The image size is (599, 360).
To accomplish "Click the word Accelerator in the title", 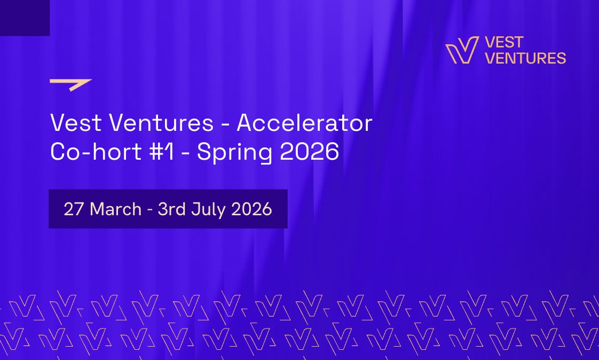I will point(304,124).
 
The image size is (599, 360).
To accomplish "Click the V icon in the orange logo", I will point(462,51).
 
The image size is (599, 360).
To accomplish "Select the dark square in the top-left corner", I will point(25,18).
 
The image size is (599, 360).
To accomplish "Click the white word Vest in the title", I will point(76,124).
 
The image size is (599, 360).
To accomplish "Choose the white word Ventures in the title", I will point(161,124).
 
